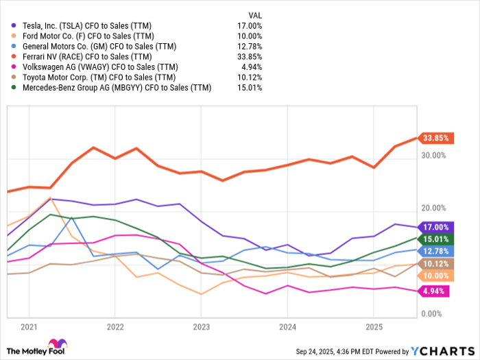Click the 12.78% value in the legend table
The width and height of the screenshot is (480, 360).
[x=249, y=46]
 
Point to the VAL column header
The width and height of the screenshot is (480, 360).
[x=254, y=14]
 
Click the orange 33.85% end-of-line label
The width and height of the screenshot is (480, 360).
[x=436, y=137]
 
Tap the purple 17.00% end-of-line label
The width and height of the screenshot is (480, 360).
[x=436, y=227]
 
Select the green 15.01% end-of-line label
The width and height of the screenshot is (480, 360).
[x=436, y=239]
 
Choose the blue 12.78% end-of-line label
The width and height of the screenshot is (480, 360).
[x=436, y=250]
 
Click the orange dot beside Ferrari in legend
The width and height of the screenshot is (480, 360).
[x=13, y=56]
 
